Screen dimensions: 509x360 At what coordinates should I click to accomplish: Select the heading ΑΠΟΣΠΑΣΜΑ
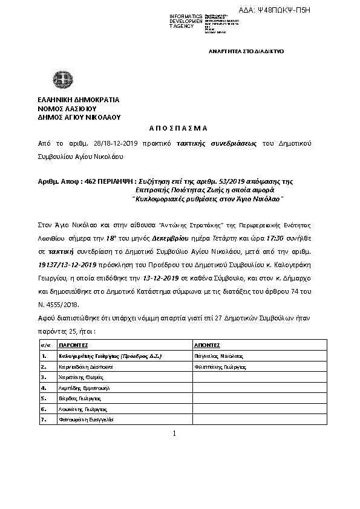tap(178, 128)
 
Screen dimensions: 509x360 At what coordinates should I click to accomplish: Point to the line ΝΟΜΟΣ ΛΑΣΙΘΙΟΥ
tap(63, 108)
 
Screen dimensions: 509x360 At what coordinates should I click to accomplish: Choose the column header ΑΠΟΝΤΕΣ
tap(206, 344)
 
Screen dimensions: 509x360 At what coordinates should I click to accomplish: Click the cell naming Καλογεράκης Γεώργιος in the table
tap(110, 356)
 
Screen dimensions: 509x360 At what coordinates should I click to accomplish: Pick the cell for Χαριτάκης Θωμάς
tap(77, 377)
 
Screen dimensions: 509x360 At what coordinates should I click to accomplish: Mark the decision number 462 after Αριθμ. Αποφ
tap(91, 181)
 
